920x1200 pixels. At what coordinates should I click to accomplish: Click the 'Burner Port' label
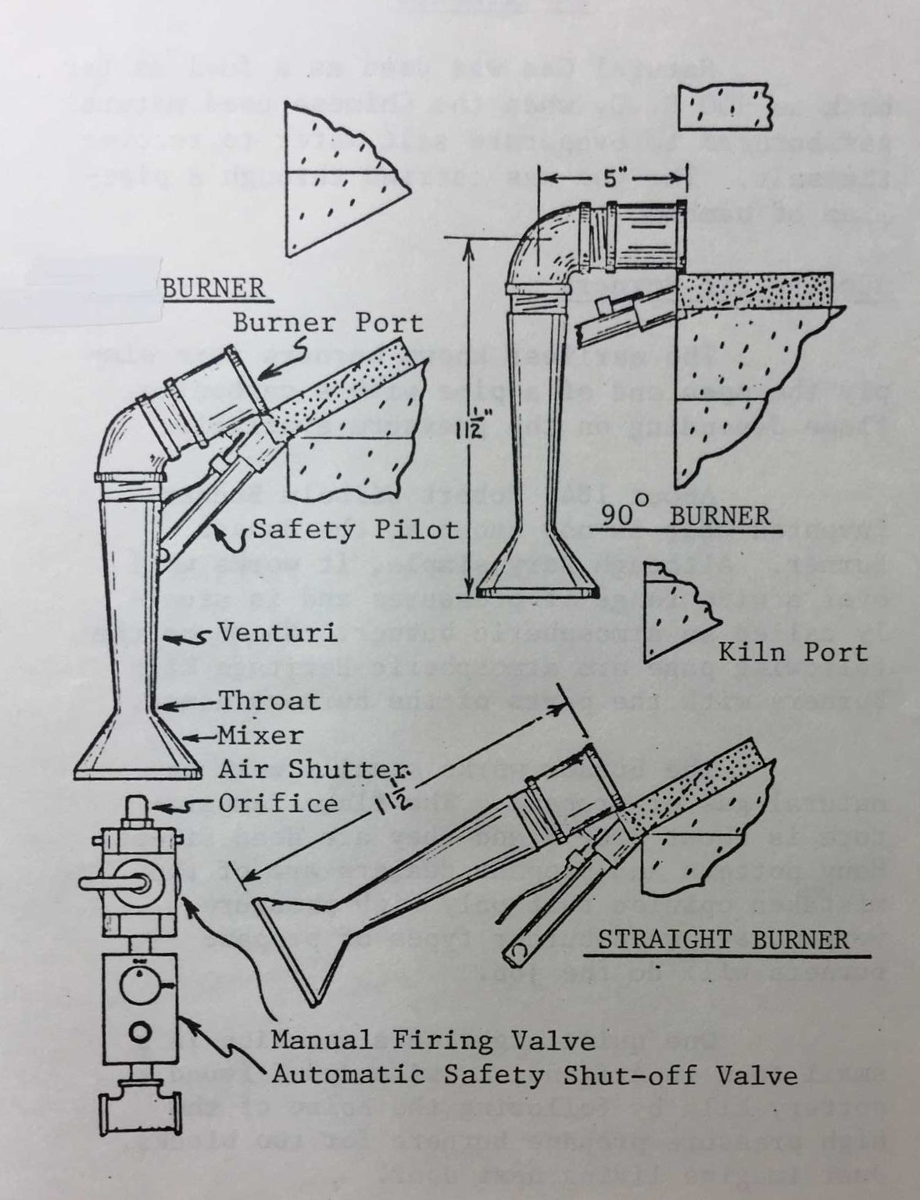[328, 323]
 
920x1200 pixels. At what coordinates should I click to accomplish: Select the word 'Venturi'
[277, 632]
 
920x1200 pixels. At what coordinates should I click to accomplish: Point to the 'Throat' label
[269, 700]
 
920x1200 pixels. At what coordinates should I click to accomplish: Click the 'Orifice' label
[278, 804]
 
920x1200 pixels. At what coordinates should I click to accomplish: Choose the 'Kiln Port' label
[793, 653]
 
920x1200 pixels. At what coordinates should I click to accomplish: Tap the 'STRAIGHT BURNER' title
[723, 939]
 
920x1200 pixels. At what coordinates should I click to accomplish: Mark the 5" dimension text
[611, 179]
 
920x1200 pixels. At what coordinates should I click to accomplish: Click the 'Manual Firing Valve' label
[432, 1041]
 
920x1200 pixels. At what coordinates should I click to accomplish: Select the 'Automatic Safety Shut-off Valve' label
[535, 1075]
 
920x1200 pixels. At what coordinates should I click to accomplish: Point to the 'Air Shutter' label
[313, 769]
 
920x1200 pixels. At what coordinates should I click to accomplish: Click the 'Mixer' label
[260, 736]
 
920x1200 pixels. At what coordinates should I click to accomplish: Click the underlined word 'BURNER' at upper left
[213, 288]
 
